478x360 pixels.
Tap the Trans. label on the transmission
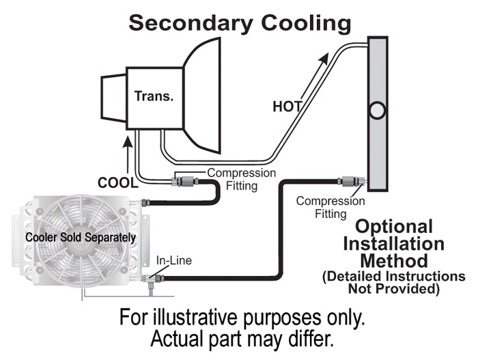click(x=154, y=96)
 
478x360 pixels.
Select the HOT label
click(x=287, y=107)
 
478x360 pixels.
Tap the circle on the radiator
click(x=377, y=109)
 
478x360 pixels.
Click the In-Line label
click(x=175, y=260)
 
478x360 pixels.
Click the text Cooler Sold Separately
click(x=81, y=238)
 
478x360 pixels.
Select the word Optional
click(x=395, y=226)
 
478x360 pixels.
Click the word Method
click(x=394, y=260)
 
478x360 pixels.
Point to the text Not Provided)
click(x=394, y=288)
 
